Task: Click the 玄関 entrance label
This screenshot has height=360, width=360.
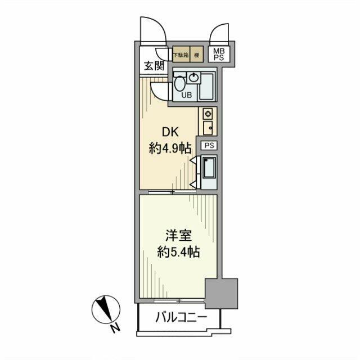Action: (x=154, y=65)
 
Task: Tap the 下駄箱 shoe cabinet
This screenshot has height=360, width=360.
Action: (x=181, y=55)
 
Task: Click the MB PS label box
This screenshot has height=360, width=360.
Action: (x=217, y=55)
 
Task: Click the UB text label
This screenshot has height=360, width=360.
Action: (x=186, y=95)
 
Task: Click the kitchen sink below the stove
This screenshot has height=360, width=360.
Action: (x=207, y=127)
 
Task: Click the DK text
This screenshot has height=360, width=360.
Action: (x=171, y=133)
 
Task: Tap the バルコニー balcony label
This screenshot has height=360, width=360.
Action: (x=181, y=318)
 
